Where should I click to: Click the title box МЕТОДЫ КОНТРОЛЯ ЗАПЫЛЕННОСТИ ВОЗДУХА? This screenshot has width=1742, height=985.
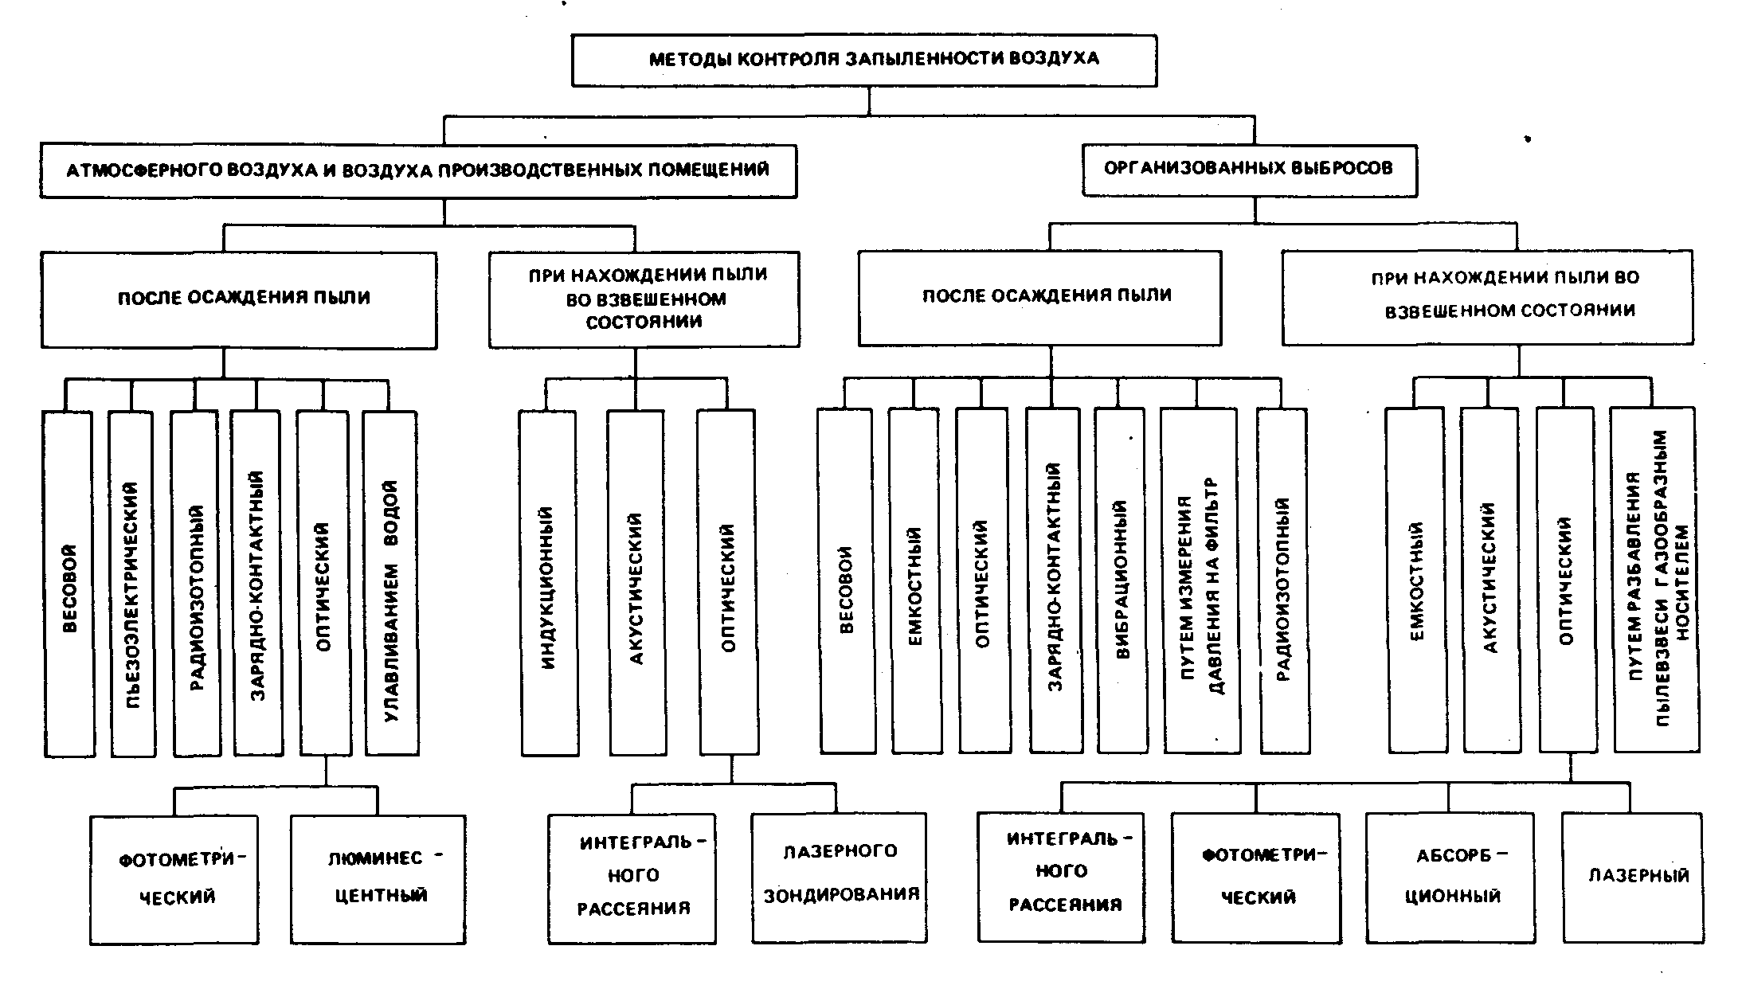coord(863,60)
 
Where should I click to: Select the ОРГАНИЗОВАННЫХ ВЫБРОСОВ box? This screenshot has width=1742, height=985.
coord(1248,169)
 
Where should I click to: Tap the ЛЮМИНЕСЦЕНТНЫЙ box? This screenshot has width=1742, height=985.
coord(378,879)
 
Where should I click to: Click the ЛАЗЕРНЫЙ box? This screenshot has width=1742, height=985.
coord(1633,877)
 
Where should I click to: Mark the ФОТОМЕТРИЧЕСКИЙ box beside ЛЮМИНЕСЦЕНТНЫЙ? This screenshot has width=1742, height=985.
coord(174,879)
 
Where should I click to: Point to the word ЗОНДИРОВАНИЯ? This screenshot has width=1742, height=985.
coord(841,895)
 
